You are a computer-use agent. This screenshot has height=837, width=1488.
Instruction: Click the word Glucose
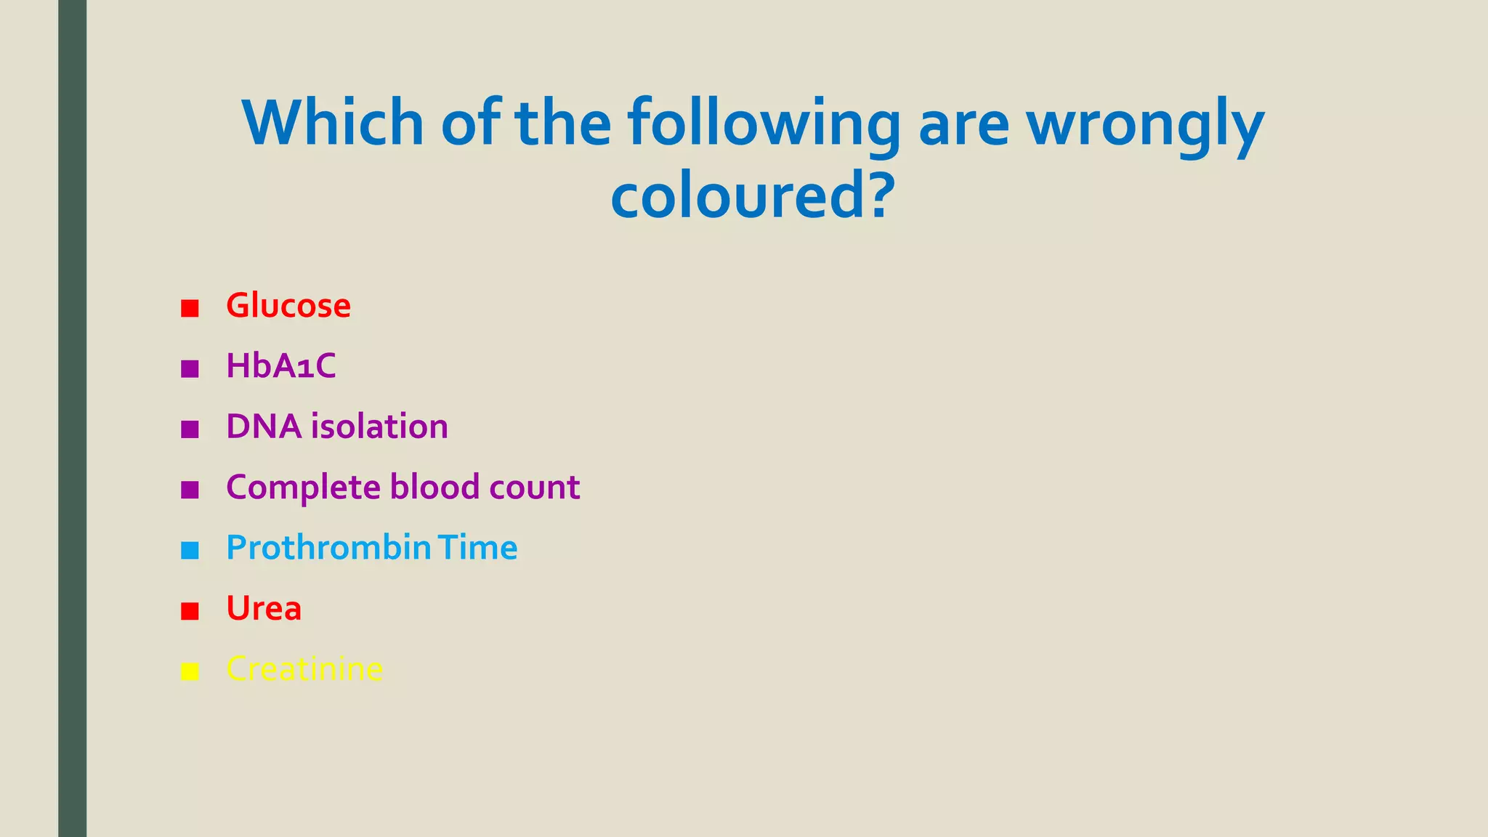288,306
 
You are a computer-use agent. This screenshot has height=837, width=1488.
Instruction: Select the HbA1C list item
280,366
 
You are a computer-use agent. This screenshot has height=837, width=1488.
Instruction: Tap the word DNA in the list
263,426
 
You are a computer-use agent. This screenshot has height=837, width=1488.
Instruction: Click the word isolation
379,426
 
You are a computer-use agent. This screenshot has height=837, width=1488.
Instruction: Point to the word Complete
303,488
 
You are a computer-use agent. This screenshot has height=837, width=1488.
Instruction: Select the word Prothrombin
328,548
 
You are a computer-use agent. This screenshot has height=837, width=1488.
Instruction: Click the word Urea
263,609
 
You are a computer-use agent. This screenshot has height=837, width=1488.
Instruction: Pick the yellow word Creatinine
304,669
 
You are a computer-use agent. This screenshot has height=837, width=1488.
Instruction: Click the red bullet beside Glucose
190,308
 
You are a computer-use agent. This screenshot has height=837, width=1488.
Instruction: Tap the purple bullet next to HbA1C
190,368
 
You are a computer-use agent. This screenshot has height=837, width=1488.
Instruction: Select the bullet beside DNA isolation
190,429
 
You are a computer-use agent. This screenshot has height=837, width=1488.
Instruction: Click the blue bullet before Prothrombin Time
190,550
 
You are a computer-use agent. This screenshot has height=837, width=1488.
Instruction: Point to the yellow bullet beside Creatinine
190,671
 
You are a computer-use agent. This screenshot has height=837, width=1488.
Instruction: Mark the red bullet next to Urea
190,611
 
